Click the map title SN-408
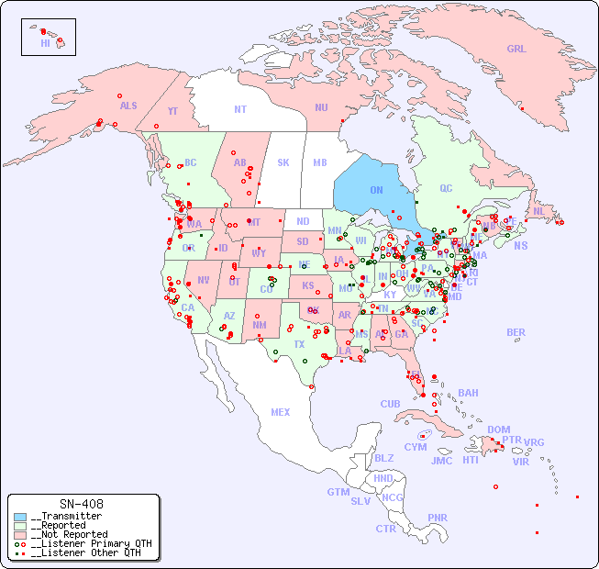[82, 504]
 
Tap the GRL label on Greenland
[516, 50]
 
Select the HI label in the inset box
[45, 43]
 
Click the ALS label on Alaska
[128, 106]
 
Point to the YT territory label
[172, 111]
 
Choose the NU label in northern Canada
[321, 107]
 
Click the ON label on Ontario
[376, 190]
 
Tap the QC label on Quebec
[446, 188]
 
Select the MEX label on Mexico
[281, 412]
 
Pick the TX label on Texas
[299, 344]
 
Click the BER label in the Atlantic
[516, 332]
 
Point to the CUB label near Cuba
[390, 404]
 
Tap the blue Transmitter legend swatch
[20, 516]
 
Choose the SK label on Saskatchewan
[283, 162]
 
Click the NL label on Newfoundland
[538, 211]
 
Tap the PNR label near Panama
[438, 518]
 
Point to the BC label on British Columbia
[191, 162]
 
